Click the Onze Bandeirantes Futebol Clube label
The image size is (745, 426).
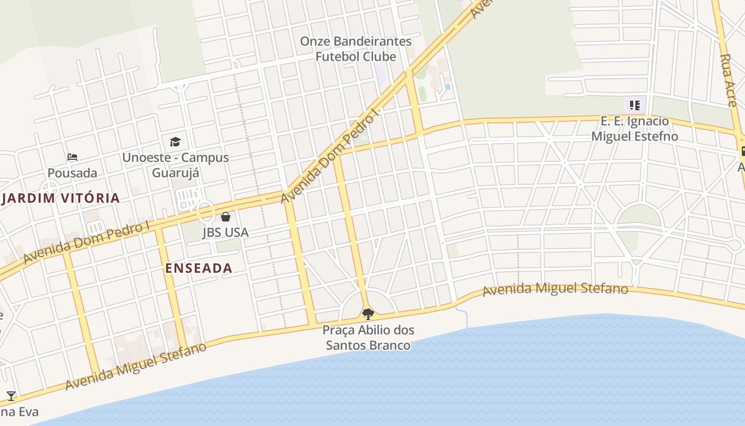pos(355,49)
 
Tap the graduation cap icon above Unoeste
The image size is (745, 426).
pos(175,142)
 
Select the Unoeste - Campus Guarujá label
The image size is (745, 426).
pos(175,165)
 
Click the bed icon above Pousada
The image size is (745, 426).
pos(72,157)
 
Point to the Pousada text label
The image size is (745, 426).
pos(72,173)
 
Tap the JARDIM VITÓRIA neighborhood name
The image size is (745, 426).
pos(60,199)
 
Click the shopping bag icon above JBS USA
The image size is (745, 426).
pos(226,217)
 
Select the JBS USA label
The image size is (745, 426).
pos(226,233)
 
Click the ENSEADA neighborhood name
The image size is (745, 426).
pos(198,268)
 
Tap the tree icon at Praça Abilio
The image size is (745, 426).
pos(368,314)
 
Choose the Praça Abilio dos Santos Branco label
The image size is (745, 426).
pos(368,338)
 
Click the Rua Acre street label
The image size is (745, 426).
pos(728,80)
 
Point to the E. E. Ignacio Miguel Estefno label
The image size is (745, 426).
pos(634,129)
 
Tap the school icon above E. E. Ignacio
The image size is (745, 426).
pos(634,105)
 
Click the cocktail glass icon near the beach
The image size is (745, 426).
pos(11,396)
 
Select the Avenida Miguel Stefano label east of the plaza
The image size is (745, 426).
pos(555,290)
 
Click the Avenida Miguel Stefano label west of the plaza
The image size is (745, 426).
pos(136,367)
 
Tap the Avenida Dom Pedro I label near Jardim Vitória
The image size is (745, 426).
pos(87,242)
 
